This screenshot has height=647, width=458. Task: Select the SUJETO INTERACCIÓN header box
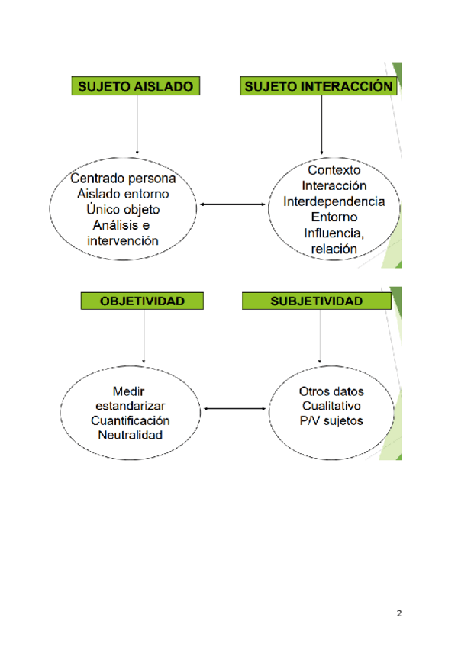click(x=321, y=86)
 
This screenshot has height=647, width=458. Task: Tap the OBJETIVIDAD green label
click(x=143, y=301)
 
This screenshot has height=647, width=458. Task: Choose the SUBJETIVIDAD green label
click(x=317, y=301)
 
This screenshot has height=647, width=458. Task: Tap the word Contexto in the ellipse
click(x=334, y=170)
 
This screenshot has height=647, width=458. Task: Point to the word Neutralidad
click(x=130, y=436)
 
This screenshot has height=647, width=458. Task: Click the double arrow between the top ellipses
click(x=231, y=204)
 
